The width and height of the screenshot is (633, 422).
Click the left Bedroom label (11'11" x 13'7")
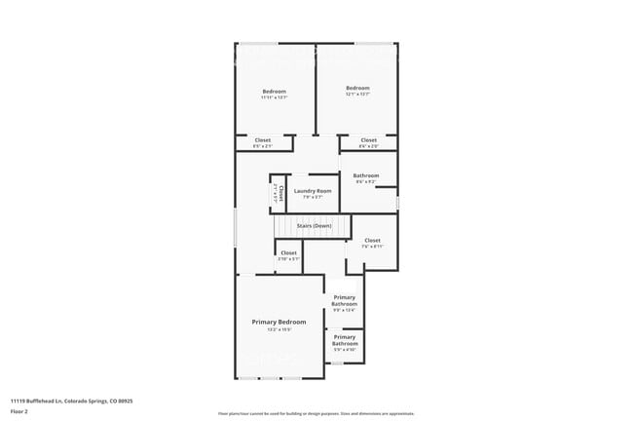coord(274,91)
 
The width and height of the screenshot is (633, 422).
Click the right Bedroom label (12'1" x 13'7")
coord(357,89)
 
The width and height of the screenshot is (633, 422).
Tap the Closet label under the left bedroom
coord(263,139)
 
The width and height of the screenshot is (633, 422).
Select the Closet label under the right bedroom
coord(368,139)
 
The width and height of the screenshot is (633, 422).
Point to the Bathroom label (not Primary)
coord(366,175)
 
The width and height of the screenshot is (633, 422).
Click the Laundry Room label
coord(313,190)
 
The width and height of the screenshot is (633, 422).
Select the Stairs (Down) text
coord(314,225)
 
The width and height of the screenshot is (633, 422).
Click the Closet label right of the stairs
coord(372,240)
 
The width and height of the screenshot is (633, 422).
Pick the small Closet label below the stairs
coord(288,252)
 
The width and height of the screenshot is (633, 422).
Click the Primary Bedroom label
coord(279,322)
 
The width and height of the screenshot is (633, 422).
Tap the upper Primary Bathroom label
coord(345,299)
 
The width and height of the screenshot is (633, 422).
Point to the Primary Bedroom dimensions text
coord(279,329)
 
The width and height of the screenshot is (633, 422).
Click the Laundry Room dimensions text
coord(313,197)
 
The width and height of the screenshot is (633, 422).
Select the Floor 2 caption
coord(19,411)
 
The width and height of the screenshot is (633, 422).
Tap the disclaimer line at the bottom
coord(316,414)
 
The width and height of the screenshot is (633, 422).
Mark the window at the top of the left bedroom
coord(257,43)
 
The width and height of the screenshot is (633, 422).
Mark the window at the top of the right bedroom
coord(373,43)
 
